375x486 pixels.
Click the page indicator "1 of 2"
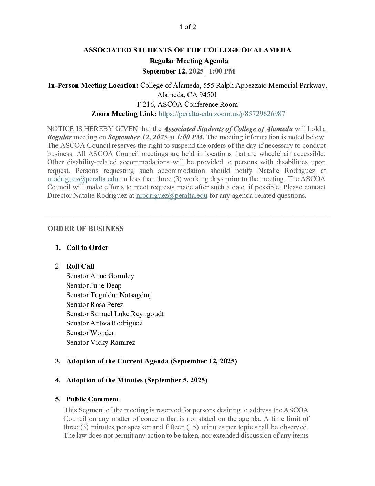point(187,27)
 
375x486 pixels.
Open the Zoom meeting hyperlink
point(222,114)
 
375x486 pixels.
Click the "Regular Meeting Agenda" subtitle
point(189,61)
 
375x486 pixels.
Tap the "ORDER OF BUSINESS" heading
point(85,229)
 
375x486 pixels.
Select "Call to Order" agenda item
point(87,247)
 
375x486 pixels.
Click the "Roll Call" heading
point(80,266)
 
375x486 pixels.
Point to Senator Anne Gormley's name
point(100,276)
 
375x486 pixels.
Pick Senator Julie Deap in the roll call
point(94,285)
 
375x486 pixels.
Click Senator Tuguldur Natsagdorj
point(109,295)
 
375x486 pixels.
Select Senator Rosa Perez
point(95,304)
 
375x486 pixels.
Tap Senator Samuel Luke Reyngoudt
point(115,314)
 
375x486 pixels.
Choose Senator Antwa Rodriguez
point(104,323)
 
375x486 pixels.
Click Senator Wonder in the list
point(90,333)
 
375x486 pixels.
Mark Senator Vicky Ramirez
point(101,342)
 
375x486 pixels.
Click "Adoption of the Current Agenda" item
point(152,361)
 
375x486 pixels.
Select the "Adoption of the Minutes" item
point(137,380)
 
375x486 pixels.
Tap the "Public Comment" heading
point(92,399)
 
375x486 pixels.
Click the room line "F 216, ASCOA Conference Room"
point(187,104)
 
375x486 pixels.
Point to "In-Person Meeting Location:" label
point(93,86)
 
